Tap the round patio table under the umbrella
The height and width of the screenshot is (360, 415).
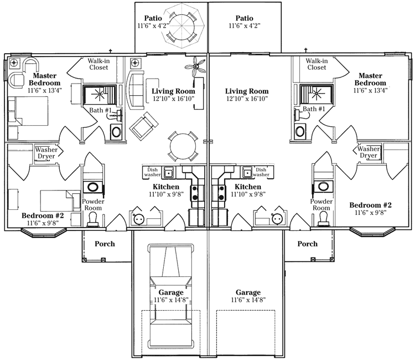coord(182,25)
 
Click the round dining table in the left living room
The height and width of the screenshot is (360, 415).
coord(183,146)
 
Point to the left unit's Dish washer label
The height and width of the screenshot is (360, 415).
coord(153,172)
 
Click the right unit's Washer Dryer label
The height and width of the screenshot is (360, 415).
coord(369,152)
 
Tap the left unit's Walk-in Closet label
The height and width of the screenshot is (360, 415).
coord(98,64)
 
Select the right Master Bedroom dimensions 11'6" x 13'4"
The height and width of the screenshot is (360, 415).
coord(370,90)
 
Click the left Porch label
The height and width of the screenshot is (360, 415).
coord(105,244)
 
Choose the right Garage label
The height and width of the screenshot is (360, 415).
coord(248,292)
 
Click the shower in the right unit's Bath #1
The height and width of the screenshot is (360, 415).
coord(317,94)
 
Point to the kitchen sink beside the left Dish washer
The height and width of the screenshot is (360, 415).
coord(168,172)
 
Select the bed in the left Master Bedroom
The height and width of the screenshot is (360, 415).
coord(28,111)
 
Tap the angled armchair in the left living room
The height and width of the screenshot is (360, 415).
coord(144,124)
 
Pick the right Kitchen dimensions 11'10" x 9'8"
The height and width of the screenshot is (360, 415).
coord(248,194)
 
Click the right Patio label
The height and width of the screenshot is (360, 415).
coord(244,18)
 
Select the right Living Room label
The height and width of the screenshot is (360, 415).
coord(247,91)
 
